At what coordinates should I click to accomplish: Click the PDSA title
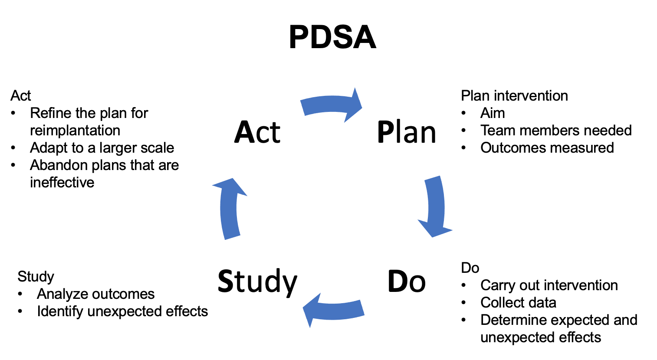point(332,37)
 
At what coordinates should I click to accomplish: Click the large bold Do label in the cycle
point(407,281)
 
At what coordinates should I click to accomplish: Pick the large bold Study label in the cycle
point(257,282)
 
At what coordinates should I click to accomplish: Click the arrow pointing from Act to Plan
point(331,104)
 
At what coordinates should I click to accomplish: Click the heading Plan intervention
point(515,96)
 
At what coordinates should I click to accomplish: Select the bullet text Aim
point(493,113)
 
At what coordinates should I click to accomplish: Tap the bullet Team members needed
point(556,131)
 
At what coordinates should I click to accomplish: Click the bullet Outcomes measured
point(547,148)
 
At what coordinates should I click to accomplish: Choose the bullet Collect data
point(518,303)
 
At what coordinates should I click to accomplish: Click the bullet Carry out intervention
point(549,285)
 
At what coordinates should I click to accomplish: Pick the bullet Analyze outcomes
point(95,294)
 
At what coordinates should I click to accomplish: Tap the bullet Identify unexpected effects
point(122,311)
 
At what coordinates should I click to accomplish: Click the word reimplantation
point(75,131)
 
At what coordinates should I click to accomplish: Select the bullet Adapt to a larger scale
point(102,148)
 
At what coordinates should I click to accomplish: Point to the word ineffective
point(62,182)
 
